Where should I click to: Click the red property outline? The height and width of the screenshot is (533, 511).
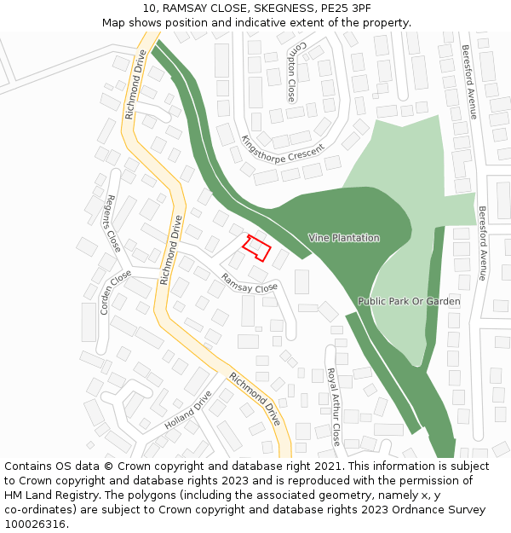click(x=257, y=247)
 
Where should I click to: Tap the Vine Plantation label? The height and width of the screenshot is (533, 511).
click(x=344, y=238)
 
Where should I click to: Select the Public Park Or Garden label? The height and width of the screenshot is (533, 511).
click(x=409, y=301)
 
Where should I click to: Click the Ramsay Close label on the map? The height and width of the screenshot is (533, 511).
click(x=250, y=282)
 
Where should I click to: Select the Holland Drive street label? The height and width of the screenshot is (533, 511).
click(x=187, y=409)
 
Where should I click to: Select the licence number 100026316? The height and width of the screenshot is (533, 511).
click(x=35, y=524)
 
